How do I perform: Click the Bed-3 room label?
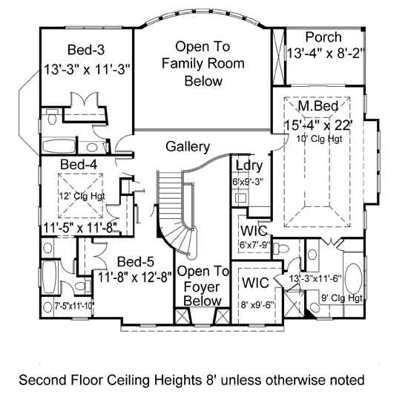[x=86, y=50]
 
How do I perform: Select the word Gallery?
[x=188, y=147]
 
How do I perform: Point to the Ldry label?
[x=249, y=166]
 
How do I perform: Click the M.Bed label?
[x=318, y=105]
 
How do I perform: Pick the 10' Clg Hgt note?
[x=319, y=139]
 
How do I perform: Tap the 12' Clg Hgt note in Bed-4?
[x=82, y=196]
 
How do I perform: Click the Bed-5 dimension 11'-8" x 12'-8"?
[x=135, y=277]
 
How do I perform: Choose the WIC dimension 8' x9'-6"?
[x=258, y=305]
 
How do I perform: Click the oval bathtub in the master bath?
[x=353, y=280]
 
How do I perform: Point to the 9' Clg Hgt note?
[x=342, y=298]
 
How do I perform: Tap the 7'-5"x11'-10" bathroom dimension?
[x=74, y=306]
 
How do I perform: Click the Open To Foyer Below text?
[x=203, y=286]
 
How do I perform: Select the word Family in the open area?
[x=182, y=64]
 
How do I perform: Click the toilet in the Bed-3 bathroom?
[x=53, y=117]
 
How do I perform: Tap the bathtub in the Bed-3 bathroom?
[x=59, y=146]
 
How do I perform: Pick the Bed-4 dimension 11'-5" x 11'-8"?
[x=81, y=229]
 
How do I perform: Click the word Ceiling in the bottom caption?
[x=129, y=380]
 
